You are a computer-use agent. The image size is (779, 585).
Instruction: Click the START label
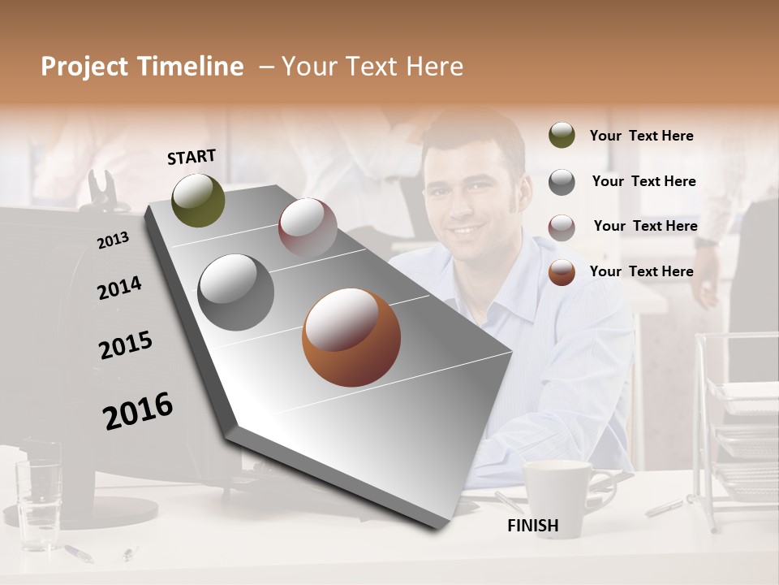pyautogui.click(x=192, y=157)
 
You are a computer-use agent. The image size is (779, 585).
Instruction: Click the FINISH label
pyautogui.click(x=532, y=526)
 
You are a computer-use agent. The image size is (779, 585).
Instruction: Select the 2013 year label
pyautogui.click(x=113, y=240)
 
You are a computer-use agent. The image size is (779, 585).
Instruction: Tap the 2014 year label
pyautogui.click(x=119, y=288)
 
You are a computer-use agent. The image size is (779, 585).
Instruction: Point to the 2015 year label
pyautogui.click(x=126, y=345)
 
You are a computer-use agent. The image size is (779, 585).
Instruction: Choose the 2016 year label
pyautogui.click(x=138, y=411)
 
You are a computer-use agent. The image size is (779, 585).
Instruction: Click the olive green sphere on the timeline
pyautogui.click(x=198, y=200)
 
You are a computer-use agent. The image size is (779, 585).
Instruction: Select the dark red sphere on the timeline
pyautogui.click(x=308, y=227)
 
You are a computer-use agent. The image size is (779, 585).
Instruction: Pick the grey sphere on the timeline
pyautogui.click(x=236, y=292)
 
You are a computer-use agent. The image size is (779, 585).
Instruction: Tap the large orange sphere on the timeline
pyautogui.click(x=351, y=337)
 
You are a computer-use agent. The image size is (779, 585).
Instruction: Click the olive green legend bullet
pyautogui.click(x=562, y=136)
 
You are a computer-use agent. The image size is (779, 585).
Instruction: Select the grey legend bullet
pyautogui.click(x=562, y=181)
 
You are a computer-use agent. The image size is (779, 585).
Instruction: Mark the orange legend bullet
pyautogui.click(x=562, y=271)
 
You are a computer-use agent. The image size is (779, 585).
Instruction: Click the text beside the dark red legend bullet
pyautogui.click(x=645, y=226)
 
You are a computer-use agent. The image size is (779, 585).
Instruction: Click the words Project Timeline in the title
pyautogui.click(x=142, y=67)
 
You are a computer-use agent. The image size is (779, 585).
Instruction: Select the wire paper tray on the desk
pyautogui.click(x=742, y=439)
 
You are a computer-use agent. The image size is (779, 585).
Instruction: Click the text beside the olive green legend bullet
pyautogui.click(x=641, y=136)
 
